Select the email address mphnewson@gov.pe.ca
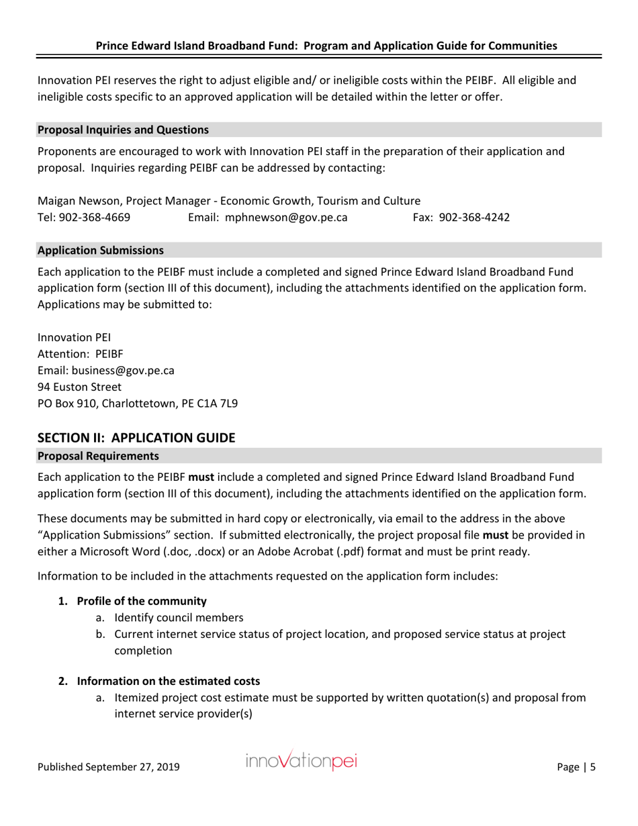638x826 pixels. [x=286, y=217]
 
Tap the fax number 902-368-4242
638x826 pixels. [x=473, y=217]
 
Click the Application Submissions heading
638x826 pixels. [x=100, y=250]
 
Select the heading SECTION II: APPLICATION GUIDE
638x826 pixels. [x=136, y=437]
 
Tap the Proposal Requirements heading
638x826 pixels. [x=98, y=457]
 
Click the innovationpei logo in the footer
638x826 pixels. [x=302, y=763]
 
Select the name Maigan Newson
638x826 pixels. [x=76, y=200]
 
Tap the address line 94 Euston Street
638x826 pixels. [x=79, y=387]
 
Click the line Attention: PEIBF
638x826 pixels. [x=79, y=353]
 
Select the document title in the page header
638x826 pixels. [x=326, y=46]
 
